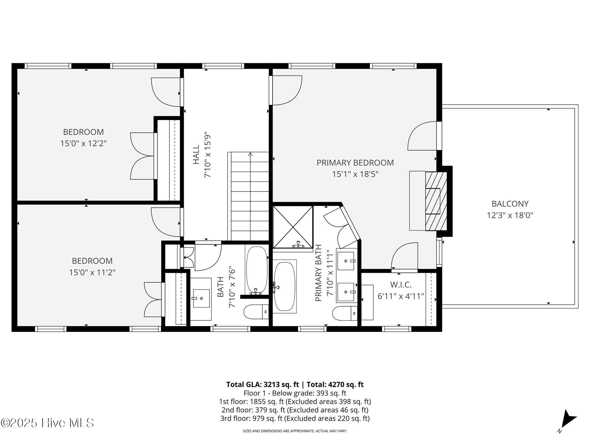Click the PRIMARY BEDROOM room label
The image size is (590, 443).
point(355,163)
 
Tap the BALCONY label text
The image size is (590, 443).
point(510,204)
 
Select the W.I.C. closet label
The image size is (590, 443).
point(401,285)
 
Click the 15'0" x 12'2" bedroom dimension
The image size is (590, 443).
point(84,143)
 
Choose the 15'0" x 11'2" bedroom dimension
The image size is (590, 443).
point(92,272)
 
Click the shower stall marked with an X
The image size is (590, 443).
point(293,227)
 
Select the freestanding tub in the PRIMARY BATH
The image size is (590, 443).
point(285,286)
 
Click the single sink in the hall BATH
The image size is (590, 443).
point(201,299)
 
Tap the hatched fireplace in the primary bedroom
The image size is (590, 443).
point(436,201)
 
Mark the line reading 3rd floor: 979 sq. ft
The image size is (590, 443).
point(295,418)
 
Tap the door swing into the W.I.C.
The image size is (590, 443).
point(404,256)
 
